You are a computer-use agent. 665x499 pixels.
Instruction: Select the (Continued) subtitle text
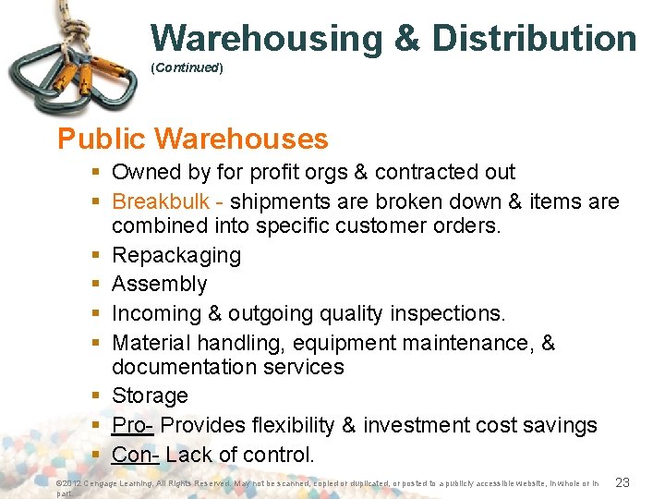(x=187, y=68)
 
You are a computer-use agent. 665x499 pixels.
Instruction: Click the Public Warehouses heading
(x=192, y=139)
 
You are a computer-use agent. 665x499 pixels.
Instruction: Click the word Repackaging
(x=176, y=255)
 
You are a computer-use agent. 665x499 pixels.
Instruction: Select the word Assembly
(x=159, y=284)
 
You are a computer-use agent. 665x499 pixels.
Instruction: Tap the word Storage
(x=150, y=396)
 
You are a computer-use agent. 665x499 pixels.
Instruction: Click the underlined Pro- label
(x=133, y=425)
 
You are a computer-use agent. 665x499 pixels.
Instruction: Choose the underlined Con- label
(x=135, y=455)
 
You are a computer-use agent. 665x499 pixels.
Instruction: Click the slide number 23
(x=623, y=482)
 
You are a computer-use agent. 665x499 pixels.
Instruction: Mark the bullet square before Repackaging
(x=95, y=255)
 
